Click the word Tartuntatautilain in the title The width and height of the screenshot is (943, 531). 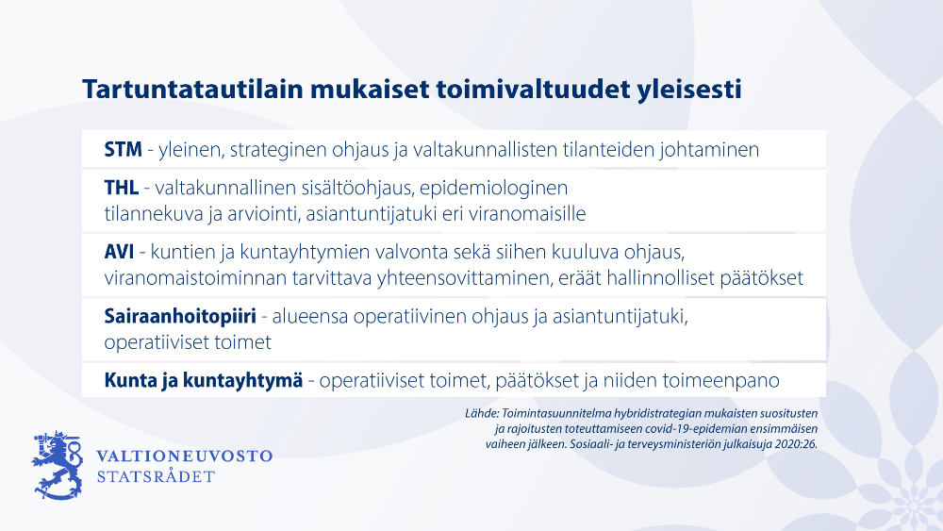[193, 89]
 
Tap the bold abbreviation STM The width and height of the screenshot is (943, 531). [124, 149]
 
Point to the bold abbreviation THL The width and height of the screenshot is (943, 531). [122, 188]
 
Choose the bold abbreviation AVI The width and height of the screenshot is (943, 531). [119, 252]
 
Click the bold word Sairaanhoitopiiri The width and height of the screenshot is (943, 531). [180, 316]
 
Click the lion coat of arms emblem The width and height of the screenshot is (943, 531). [58, 465]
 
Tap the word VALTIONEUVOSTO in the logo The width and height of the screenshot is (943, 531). [185, 456]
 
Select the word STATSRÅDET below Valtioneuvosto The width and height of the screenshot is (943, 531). [156, 476]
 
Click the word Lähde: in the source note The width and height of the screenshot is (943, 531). [482, 414]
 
